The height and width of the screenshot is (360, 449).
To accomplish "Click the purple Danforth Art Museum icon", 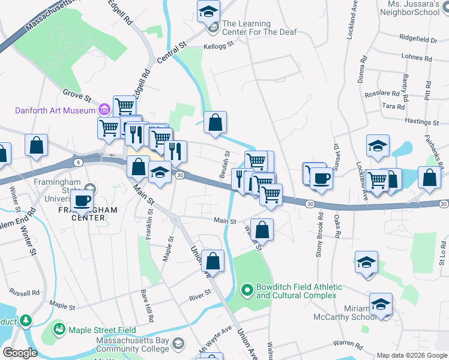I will (x=104, y=110).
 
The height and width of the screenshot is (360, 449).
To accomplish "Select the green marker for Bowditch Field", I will (x=246, y=291).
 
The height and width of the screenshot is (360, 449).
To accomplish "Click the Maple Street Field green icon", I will (x=59, y=329).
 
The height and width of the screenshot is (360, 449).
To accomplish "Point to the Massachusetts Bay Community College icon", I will (x=178, y=343).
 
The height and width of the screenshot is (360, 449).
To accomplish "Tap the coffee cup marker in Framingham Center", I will (x=82, y=201).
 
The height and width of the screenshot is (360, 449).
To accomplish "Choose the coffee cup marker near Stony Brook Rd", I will (x=321, y=179).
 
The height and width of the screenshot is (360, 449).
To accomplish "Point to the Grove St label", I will (x=76, y=95).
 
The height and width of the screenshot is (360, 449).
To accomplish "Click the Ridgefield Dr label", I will (x=419, y=40).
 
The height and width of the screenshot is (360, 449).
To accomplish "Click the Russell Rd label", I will (x=24, y=293).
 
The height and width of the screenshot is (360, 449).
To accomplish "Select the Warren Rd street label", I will (x=349, y=344).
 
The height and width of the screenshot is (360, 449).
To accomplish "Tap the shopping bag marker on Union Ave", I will (x=212, y=261).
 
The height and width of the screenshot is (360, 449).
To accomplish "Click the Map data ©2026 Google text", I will (x=411, y=355).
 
